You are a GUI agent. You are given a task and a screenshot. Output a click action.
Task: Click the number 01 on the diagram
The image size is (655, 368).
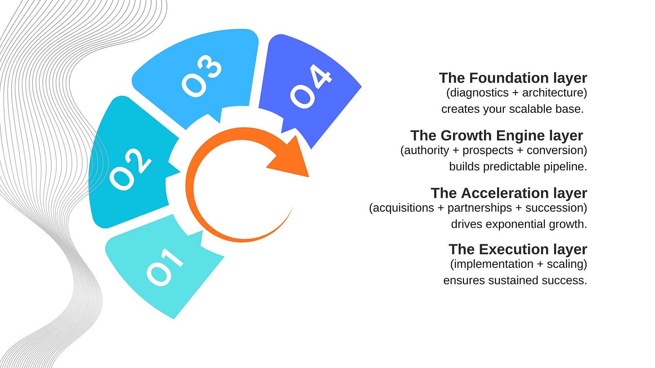click(165, 267)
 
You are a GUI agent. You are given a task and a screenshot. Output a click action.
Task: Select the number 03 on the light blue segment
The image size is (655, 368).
click(202, 76)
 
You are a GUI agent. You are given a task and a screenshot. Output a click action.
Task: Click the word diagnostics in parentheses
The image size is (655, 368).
click(476, 93)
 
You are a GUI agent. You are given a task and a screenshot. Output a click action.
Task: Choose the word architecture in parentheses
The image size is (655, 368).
click(553, 93)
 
